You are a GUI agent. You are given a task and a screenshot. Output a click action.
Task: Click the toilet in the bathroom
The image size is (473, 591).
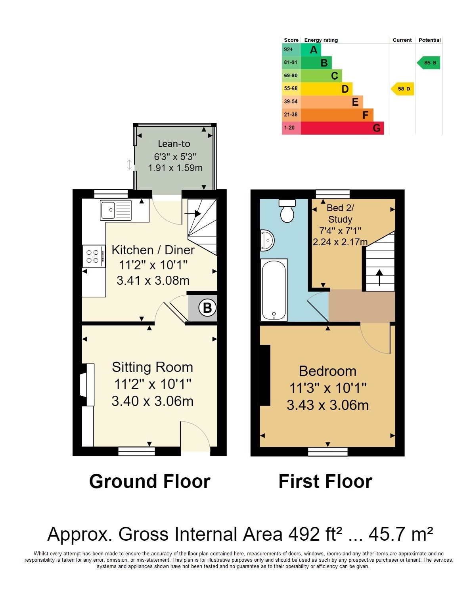[287, 210]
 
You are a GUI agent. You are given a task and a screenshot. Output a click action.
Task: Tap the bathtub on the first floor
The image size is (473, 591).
[274, 290]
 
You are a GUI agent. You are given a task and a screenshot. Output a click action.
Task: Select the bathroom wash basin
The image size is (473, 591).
[266, 240]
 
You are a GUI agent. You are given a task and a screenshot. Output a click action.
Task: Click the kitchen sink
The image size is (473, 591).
[116, 210]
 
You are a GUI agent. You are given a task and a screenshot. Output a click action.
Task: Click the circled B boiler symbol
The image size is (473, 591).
[207, 308]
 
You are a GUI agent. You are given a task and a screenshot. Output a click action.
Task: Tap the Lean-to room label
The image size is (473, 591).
[174, 144]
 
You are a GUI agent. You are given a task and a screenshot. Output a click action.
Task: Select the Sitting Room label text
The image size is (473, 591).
[152, 368]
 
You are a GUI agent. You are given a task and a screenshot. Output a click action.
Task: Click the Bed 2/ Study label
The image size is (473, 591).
[340, 214]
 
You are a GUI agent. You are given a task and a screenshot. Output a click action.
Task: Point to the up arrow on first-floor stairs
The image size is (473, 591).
[379, 277]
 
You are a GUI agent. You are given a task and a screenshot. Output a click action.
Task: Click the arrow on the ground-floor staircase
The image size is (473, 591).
[192, 214]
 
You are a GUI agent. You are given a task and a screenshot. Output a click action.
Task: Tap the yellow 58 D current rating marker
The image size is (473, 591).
[402, 89]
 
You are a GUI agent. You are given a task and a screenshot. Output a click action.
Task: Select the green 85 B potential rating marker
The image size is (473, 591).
[428, 63]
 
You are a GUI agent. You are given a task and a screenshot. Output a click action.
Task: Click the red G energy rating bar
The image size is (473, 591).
[342, 128]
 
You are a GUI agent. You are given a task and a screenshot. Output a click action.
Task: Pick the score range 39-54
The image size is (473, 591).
[291, 102]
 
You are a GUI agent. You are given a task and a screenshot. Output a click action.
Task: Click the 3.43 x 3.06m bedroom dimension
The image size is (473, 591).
[327, 405]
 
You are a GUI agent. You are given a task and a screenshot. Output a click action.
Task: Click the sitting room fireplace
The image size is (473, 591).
[87, 385]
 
